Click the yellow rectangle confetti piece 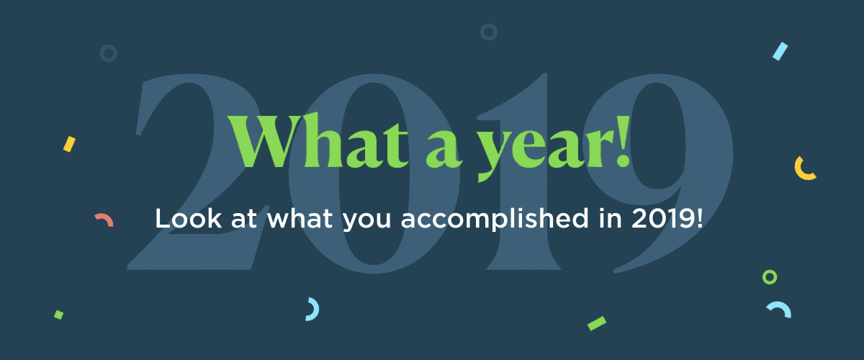point(69,144)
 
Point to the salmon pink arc point(104,220)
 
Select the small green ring point(770,277)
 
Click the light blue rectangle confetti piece point(780,51)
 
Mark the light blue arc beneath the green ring point(778,309)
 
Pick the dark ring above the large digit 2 point(108,53)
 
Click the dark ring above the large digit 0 point(489,32)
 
